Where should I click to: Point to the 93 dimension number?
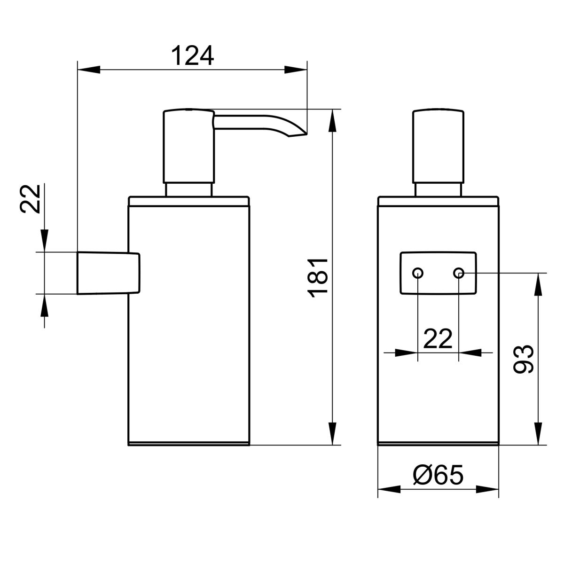pos(523,359)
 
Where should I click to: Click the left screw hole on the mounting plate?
pos(417,273)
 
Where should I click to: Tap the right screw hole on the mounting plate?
pos(459,273)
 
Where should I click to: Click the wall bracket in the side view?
pos(108,273)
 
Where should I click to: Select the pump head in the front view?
pos(438,147)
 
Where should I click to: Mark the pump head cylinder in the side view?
pos(188,147)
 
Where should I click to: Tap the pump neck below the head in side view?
pos(188,189)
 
